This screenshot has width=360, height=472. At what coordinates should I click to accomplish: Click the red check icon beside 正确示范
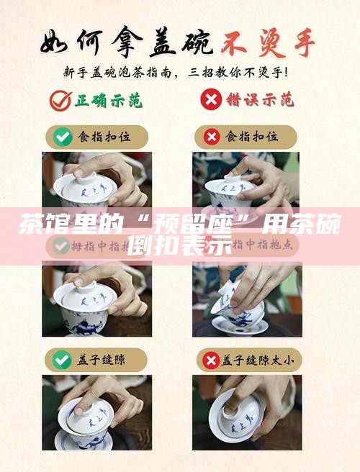pyautogui.click(x=60, y=100)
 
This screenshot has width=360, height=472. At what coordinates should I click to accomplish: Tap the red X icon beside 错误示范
pyautogui.click(x=210, y=100)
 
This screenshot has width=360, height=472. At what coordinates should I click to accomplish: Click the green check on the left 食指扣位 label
pyautogui.click(x=63, y=136)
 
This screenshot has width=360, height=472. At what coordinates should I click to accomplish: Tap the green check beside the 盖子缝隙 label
pyautogui.click(x=63, y=358)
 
